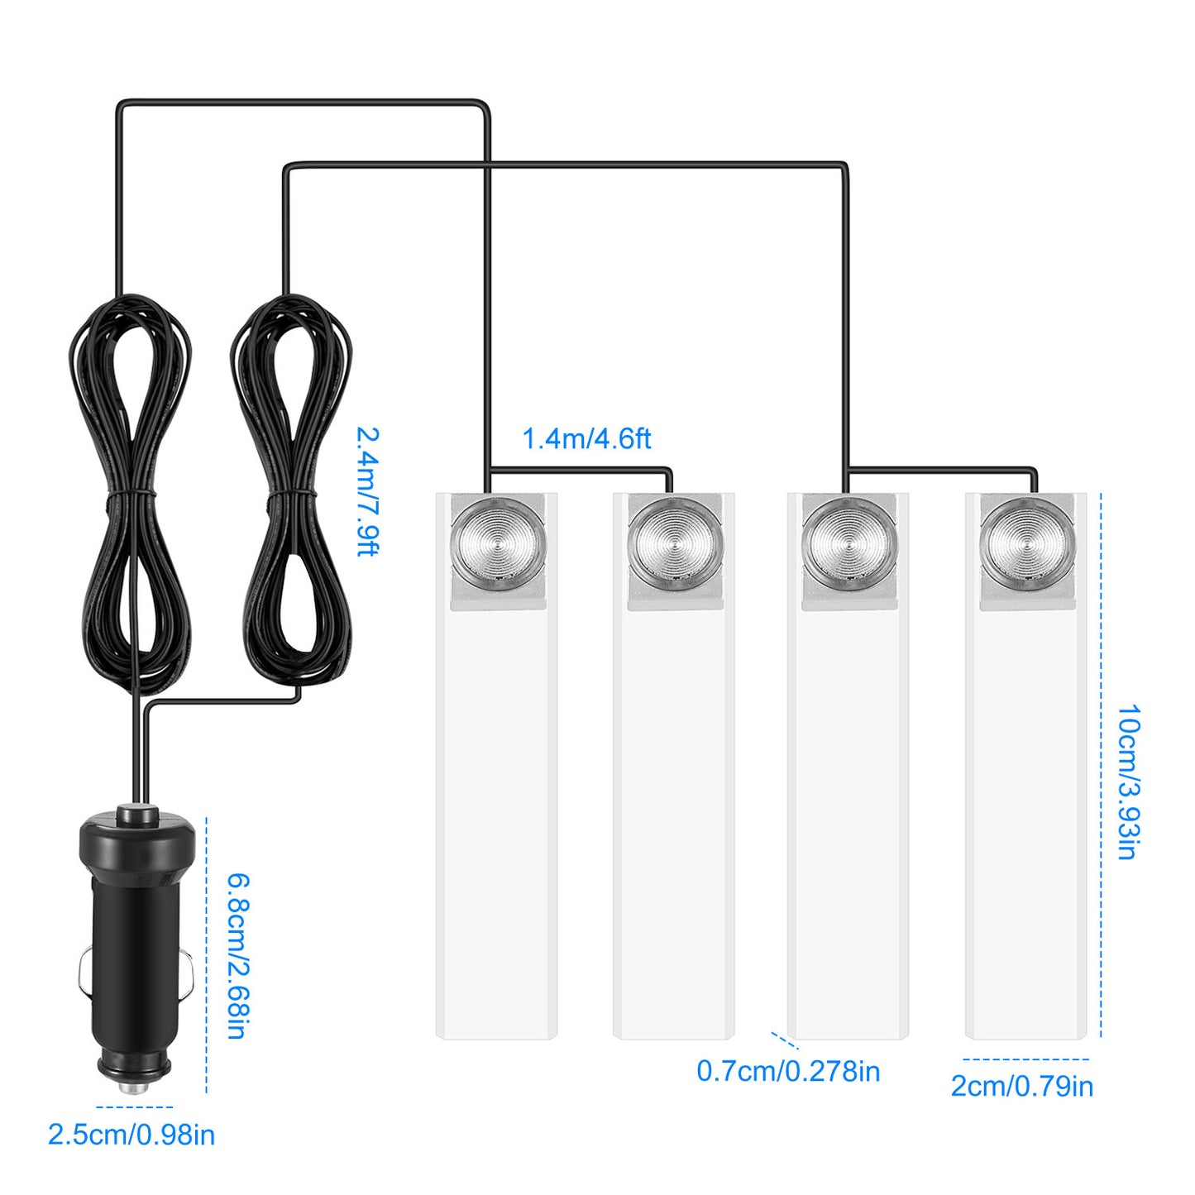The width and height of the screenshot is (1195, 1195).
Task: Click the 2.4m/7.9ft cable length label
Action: (x=367, y=491)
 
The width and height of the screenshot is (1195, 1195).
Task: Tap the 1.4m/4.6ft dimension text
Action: (x=586, y=438)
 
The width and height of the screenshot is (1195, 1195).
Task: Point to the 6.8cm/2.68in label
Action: (x=238, y=955)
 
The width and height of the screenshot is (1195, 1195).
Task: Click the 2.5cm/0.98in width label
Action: (x=131, y=1135)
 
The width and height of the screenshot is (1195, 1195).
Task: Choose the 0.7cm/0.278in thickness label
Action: (x=788, y=1071)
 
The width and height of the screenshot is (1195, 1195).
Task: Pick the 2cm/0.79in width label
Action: (x=1022, y=1086)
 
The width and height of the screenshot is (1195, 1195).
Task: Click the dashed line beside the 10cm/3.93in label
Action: (x=1101, y=765)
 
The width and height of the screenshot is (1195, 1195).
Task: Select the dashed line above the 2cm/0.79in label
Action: (x=1025, y=1059)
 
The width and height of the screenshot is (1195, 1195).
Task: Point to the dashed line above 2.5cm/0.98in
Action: (x=135, y=1107)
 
